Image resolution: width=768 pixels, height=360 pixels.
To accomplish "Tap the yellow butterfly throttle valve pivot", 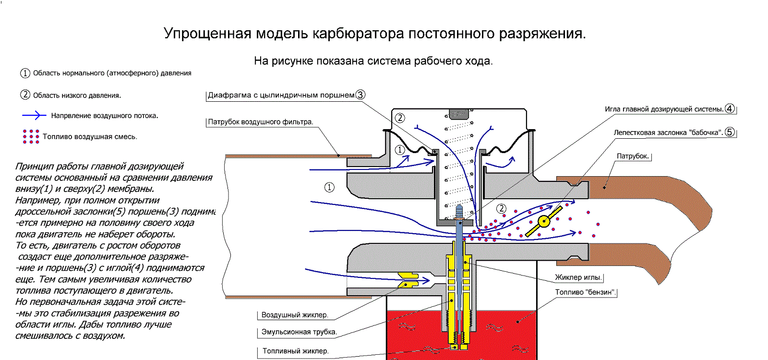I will [544, 221].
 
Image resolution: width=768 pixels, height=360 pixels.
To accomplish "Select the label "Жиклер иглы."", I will [578, 277].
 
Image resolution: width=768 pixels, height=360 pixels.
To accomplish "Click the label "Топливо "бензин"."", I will [585, 292].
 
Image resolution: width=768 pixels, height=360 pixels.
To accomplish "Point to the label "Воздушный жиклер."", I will [294, 315].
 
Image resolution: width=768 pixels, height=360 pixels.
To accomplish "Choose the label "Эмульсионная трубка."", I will [299, 332].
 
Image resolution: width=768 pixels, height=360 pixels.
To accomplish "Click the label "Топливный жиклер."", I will [295, 351].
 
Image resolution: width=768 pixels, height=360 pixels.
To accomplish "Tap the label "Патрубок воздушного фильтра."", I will [260, 122].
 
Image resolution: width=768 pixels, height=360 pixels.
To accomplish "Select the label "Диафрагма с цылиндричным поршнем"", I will [281, 95].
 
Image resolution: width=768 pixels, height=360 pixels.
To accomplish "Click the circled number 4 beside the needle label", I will [730, 108].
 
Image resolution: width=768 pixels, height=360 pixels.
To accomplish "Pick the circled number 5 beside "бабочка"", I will [730, 132].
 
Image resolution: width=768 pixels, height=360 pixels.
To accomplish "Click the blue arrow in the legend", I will [34, 115].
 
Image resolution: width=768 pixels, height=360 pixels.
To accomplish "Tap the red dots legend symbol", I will [31, 136].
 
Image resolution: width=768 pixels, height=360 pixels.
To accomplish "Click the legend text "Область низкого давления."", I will [77, 96].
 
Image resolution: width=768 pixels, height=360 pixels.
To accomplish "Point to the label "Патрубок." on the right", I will [633, 156].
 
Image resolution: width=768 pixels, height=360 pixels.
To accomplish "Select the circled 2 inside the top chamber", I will [400, 118].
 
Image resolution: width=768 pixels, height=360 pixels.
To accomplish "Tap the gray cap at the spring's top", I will [458, 114].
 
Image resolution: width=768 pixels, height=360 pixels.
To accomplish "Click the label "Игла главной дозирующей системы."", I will [664, 109].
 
